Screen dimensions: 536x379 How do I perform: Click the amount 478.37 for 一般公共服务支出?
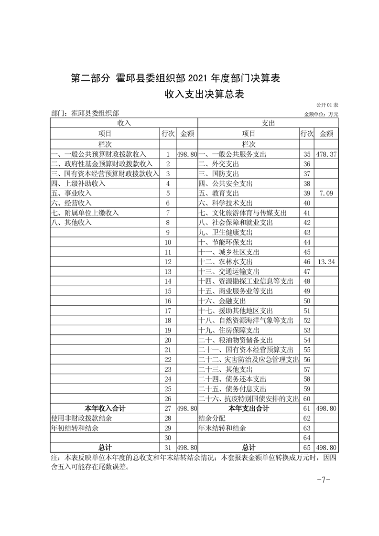pos(326,154)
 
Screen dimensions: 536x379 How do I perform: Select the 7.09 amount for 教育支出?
pos(326,193)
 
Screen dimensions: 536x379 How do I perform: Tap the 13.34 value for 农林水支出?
pos(326,262)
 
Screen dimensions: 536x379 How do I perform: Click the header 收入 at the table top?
pos(124,123)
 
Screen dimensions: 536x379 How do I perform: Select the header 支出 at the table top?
pos(268,123)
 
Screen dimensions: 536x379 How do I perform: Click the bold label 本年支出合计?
pos(249,408)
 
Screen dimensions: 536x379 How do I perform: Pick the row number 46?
pos(307,262)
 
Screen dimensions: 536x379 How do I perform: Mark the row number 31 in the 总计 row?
pos(168,448)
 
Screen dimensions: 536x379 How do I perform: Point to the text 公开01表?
pos(327,105)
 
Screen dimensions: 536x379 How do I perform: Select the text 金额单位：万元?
pos(321,114)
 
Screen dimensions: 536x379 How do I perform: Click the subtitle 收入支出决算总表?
pos(204,94)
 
